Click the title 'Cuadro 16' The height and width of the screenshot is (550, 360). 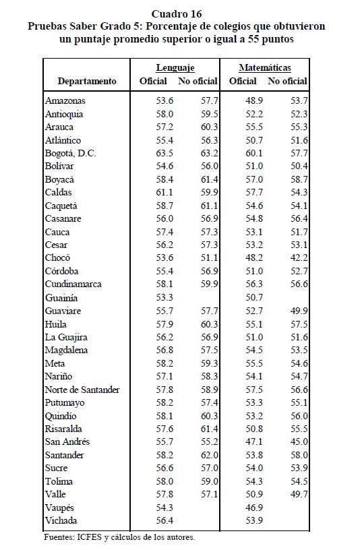177,14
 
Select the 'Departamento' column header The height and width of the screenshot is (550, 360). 87,82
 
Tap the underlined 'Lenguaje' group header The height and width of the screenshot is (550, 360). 175,67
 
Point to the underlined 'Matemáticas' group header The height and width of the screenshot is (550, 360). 265,67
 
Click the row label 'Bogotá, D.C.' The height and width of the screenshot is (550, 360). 71,154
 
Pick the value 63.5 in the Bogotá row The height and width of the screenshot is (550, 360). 164,153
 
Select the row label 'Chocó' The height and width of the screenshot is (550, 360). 57,257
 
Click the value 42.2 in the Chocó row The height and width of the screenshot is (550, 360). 299,257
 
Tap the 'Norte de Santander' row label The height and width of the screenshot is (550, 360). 82,390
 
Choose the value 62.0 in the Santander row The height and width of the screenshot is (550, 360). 210,455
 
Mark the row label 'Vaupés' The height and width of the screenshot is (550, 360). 59,508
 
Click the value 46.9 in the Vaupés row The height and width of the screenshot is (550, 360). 254,508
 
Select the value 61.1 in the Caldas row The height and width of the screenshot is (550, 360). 164,193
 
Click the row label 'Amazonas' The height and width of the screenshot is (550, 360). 65,100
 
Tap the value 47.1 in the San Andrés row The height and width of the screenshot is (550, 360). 254,442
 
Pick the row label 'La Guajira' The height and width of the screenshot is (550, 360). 66,338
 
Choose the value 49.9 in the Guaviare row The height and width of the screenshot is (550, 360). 299,311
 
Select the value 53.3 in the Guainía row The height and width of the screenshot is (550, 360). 164,298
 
